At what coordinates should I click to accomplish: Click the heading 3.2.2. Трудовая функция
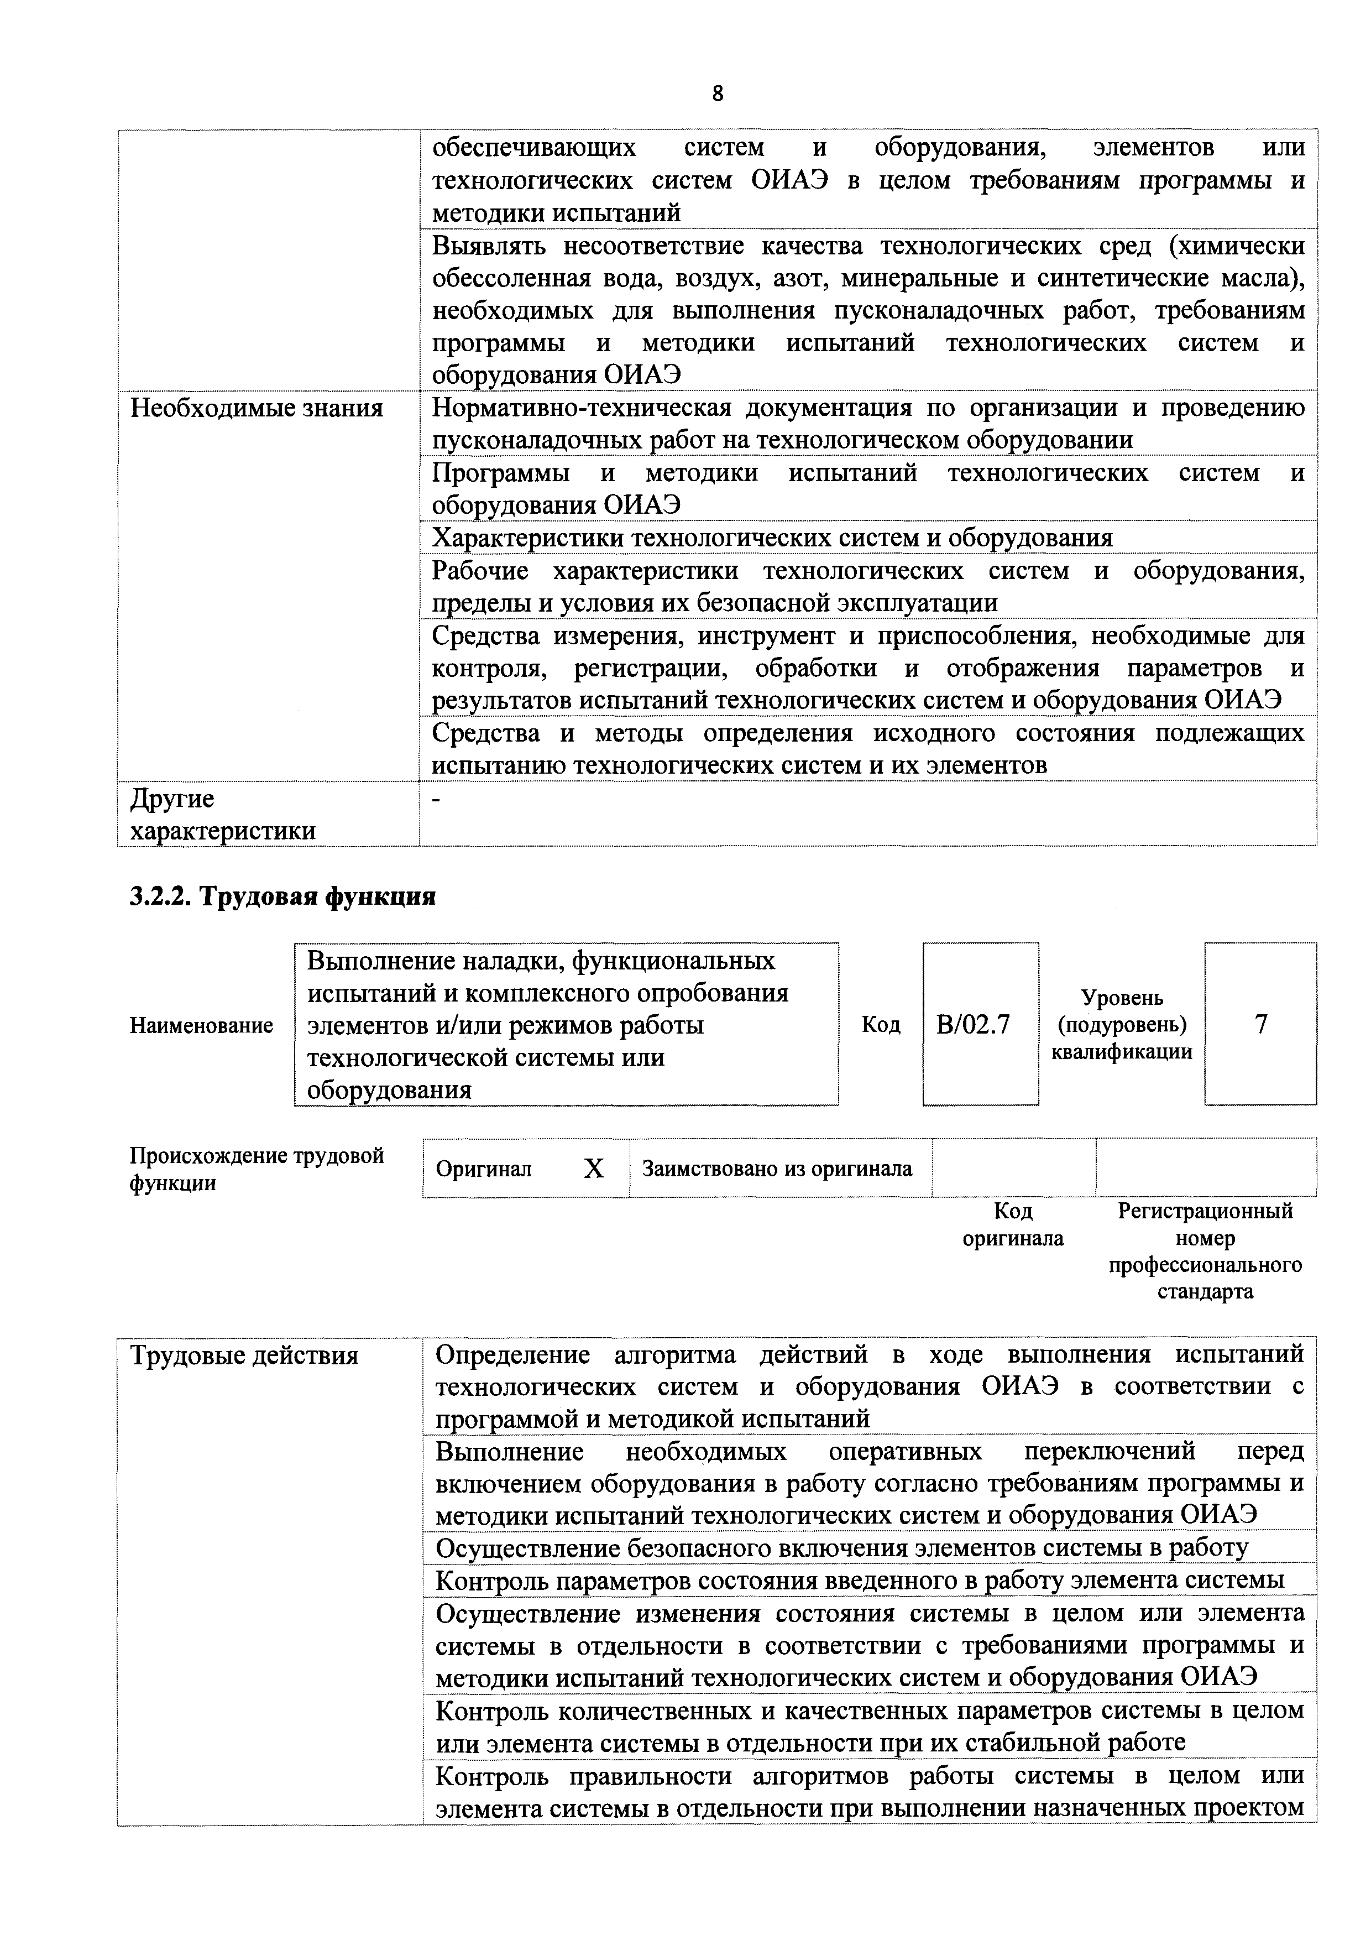click(282, 896)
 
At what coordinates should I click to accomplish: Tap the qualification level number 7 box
click(1260, 1024)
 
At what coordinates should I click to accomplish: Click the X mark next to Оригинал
click(595, 1169)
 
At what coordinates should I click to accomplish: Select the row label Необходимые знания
click(257, 408)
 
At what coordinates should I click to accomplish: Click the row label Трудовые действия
click(244, 1356)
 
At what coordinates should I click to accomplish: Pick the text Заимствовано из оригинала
click(777, 1169)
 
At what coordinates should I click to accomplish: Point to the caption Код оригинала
click(1013, 1225)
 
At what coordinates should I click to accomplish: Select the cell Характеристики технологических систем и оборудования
click(772, 538)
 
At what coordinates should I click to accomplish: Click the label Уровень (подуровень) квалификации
click(1122, 1025)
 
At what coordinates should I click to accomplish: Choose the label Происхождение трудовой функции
click(256, 1169)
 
